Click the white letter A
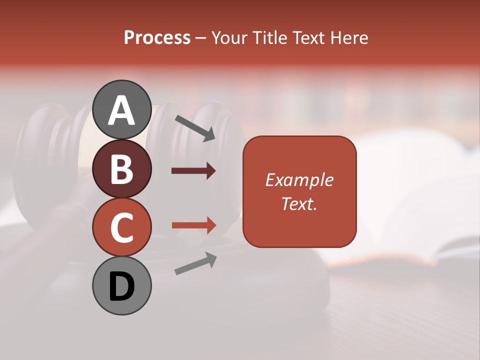pos(121,110)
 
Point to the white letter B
pos(121,169)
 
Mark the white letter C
pos(121,227)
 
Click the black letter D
pos(121,287)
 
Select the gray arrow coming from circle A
pos(195,128)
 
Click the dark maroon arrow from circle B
pos(193,171)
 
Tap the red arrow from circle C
pos(194,225)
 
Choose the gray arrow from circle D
pos(195,263)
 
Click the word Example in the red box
pos(299,180)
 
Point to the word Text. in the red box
pos(299,203)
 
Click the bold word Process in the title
pos(157,38)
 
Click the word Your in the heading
pos(229,38)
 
